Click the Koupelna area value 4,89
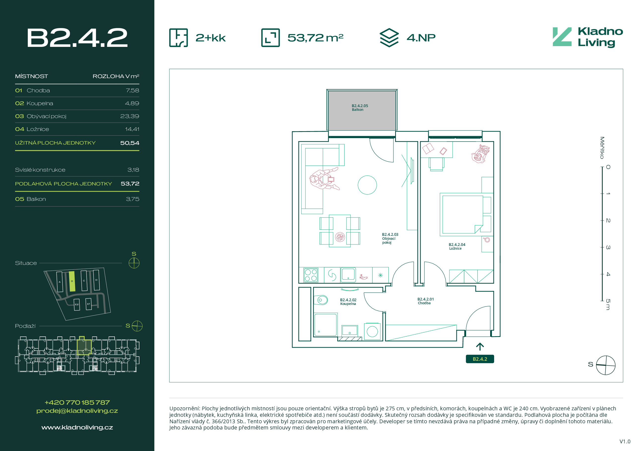click(132, 103)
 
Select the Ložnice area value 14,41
click(132, 129)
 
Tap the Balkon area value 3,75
click(132, 199)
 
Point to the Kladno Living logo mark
click(562, 37)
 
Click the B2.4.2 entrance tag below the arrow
click(480, 359)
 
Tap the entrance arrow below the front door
click(480, 347)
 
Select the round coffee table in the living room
click(367, 185)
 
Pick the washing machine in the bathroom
click(372, 331)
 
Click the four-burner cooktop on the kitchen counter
click(311, 275)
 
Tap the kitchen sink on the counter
click(348, 275)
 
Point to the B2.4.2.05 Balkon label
click(360, 108)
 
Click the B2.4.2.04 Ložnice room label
click(457, 247)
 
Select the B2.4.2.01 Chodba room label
click(425, 301)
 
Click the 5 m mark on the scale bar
click(608, 304)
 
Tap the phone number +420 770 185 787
click(77, 402)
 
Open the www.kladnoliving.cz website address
click(77, 427)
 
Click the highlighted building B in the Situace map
click(72, 281)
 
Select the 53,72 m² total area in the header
click(315, 38)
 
